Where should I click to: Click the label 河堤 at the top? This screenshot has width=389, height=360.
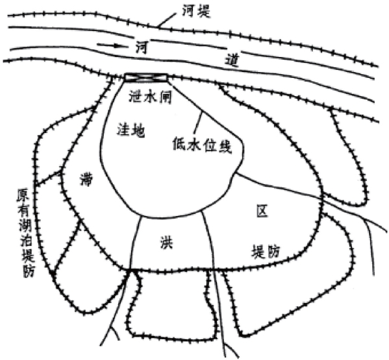pyautogui.click(x=196, y=11)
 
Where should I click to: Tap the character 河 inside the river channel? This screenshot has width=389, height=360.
pyautogui.click(x=142, y=47)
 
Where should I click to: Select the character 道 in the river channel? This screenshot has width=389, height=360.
pyautogui.click(x=232, y=60)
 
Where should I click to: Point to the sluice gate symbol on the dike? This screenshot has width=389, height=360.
pyautogui.click(x=145, y=77)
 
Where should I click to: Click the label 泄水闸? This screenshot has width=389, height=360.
pyautogui.click(x=151, y=97)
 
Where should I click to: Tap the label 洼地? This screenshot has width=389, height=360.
pyautogui.click(x=131, y=130)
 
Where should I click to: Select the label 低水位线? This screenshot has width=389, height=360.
pyautogui.click(x=202, y=146)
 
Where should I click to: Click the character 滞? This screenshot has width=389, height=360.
pyautogui.click(x=86, y=180)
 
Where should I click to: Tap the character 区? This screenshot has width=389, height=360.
pyautogui.click(x=262, y=211)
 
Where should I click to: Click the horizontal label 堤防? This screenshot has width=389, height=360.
pyautogui.click(x=266, y=252)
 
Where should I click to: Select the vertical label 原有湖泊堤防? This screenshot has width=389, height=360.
pyautogui.click(x=26, y=233)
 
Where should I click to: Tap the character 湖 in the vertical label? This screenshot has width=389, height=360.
pyautogui.click(x=25, y=226)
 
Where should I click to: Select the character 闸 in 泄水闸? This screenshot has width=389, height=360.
pyautogui.click(x=165, y=97)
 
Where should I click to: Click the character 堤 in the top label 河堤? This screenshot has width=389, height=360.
pyautogui.click(x=204, y=11)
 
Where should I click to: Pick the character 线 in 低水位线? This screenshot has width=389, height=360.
pyautogui.click(x=225, y=147)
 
